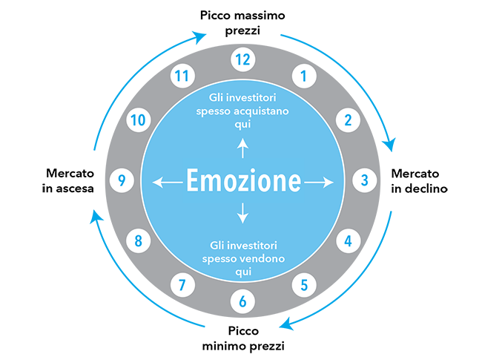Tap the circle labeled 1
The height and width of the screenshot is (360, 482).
click(x=301, y=74)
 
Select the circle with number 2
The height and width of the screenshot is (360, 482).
click(x=348, y=119)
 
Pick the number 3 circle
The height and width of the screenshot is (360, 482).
click(x=364, y=179)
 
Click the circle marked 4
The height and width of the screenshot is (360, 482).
click(x=348, y=240)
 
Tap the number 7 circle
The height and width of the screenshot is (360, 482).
click(x=182, y=284)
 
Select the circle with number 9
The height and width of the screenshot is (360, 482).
click(x=122, y=179)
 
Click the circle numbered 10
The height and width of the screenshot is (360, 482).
click(x=137, y=119)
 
